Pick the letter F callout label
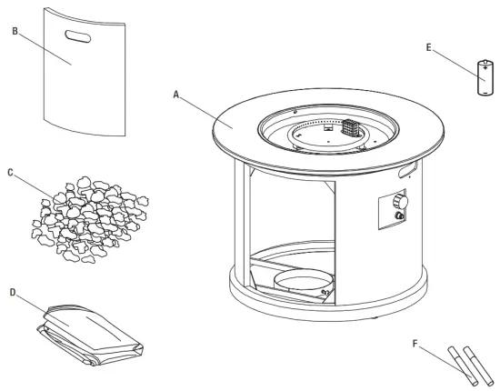tap(416, 344)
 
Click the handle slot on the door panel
tap(77, 37)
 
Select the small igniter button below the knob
tap(397, 219)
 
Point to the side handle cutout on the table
tap(405, 171)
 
